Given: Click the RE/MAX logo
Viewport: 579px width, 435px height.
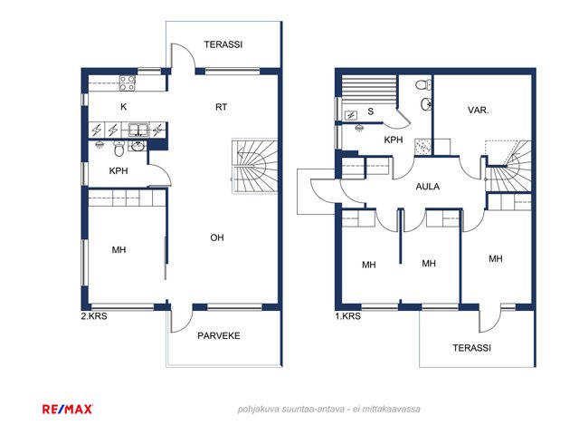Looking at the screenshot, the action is click(x=67, y=409).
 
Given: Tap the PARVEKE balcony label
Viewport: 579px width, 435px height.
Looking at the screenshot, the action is click(x=219, y=336).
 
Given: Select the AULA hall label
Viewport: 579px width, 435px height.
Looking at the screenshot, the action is click(x=428, y=187).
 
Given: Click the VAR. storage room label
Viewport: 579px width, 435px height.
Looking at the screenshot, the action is click(x=479, y=111).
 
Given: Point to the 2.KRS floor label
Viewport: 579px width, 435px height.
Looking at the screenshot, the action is click(x=94, y=316).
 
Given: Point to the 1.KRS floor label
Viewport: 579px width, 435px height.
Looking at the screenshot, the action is click(x=347, y=316).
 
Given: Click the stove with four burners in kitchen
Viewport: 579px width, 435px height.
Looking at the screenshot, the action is click(x=127, y=83).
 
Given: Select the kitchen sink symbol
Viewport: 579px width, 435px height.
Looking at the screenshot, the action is click(x=138, y=130).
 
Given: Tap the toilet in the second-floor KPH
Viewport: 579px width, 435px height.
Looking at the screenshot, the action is click(x=119, y=149).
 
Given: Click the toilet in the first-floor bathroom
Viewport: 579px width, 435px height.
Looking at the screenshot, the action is click(x=423, y=84).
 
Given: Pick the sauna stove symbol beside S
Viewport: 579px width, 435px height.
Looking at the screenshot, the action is click(x=350, y=115).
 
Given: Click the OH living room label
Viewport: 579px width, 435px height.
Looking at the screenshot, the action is click(x=217, y=237).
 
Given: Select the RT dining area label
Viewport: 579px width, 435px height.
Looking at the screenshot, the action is click(x=221, y=107).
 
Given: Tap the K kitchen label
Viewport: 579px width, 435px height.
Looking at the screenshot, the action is click(x=124, y=107).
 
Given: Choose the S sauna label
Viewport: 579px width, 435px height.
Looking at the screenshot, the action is click(x=371, y=111).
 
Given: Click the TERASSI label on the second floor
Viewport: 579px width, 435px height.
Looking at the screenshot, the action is click(x=223, y=44).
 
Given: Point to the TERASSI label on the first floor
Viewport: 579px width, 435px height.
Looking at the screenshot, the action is click(x=472, y=348).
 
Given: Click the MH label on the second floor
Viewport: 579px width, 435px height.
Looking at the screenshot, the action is click(x=119, y=250).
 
